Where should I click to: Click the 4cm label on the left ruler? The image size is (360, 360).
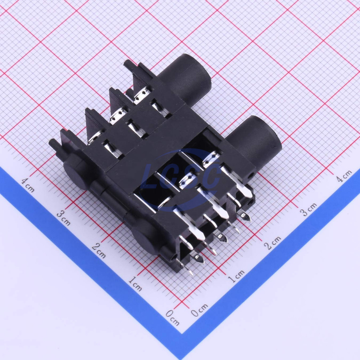[28, 185]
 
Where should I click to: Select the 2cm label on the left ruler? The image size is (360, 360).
[99, 251]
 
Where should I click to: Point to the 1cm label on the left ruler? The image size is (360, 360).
[135, 284]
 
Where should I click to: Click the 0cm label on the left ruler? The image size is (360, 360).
[173, 318]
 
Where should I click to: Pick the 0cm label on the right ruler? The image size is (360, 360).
[200, 310]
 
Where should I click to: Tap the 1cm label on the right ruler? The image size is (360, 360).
[236, 276]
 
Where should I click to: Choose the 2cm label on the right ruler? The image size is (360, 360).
[272, 243]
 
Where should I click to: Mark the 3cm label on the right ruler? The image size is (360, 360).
[308, 209]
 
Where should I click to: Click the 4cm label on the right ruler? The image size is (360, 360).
[344, 176]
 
